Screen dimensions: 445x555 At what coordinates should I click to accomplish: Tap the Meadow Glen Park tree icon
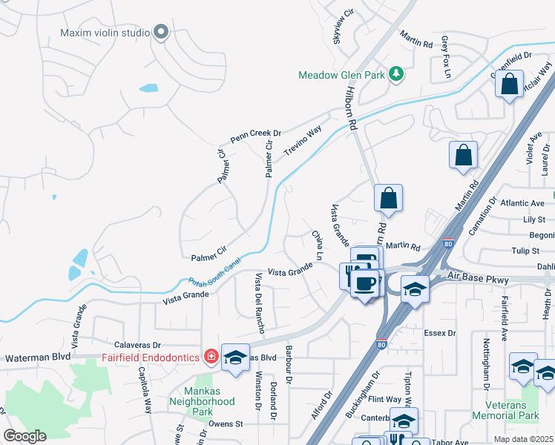[x=397, y=73]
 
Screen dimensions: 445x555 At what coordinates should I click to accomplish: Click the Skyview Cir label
[x=344, y=27]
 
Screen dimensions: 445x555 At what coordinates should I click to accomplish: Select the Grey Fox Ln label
[x=446, y=56]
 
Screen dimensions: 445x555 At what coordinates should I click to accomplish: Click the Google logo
[x=24, y=436]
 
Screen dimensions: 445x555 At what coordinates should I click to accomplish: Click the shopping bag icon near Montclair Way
[x=510, y=85]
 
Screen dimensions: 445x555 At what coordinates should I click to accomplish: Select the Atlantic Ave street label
[x=522, y=202]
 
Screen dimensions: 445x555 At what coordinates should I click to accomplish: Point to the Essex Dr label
[x=439, y=333]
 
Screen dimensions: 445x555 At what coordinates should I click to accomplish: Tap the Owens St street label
[x=226, y=423]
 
